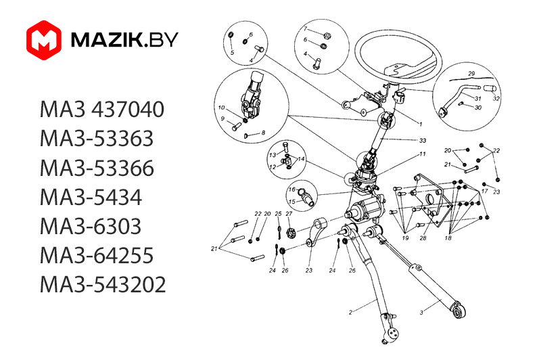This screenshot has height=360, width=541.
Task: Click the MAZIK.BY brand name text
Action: [x=124, y=40]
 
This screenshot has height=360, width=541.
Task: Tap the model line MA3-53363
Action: [x=97, y=139]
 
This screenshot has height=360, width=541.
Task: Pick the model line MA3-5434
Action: [x=91, y=197]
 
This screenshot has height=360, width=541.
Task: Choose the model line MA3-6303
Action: [x=91, y=226]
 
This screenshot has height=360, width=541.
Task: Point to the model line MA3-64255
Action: [x=97, y=255]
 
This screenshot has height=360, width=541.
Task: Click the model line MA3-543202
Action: [x=103, y=284]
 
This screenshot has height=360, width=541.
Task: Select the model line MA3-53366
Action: [x=97, y=168]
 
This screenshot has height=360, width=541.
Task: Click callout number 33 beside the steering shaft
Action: [x=423, y=140]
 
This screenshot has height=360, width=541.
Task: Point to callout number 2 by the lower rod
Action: [x=351, y=312]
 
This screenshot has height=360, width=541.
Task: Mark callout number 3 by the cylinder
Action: [x=421, y=312]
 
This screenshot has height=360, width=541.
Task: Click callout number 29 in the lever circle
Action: [x=472, y=73]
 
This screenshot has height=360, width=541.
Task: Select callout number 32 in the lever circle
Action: [x=497, y=98]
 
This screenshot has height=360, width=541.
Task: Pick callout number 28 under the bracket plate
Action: [x=423, y=238]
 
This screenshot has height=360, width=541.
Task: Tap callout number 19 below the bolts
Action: [x=406, y=238]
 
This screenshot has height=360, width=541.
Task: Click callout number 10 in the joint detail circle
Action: [x=222, y=108]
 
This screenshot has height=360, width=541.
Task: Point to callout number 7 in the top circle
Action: [x=305, y=29]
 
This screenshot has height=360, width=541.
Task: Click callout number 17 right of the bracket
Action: [x=484, y=192]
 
